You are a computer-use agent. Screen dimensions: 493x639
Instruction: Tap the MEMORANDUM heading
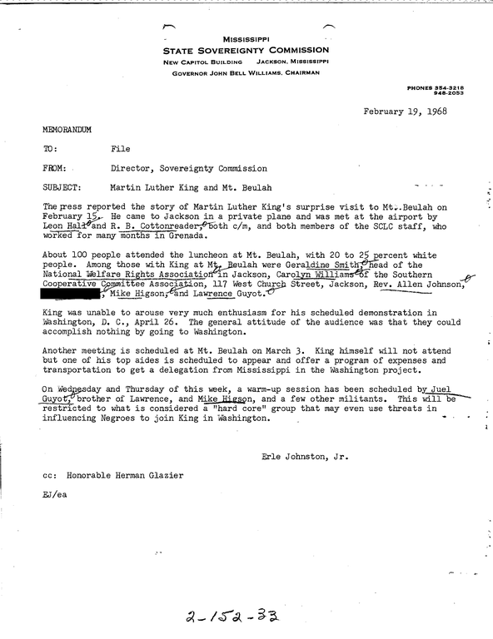click(67, 131)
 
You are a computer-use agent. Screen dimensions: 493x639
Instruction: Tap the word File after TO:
click(121, 149)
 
